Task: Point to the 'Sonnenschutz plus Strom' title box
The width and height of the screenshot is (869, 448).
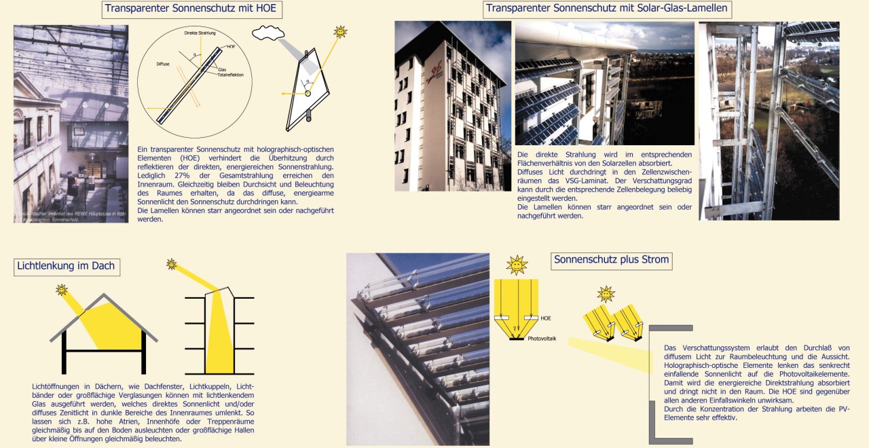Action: pos(611,260)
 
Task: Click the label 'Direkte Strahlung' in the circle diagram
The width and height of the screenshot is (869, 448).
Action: pos(200,33)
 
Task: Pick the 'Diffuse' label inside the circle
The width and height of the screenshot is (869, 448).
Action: pos(163,64)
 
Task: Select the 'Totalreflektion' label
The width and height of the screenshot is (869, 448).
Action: pos(231,75)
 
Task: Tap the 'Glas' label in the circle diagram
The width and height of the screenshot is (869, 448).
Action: pos(222,69)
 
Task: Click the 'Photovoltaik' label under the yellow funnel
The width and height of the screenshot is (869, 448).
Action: pos(542,338)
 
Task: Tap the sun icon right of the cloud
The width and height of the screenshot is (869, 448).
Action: pos(340,31)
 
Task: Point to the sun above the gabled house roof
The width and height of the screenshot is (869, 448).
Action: pos(62,290)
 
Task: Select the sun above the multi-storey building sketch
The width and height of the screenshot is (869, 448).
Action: pos(172,264)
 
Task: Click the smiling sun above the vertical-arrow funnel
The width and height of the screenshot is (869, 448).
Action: pos(517,265)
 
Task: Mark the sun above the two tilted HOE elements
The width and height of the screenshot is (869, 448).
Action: pos(606,294)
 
